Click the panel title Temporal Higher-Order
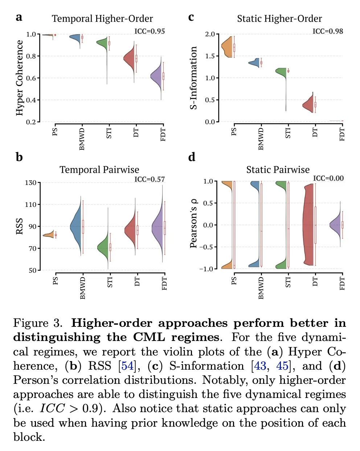102,19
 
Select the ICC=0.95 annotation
150,31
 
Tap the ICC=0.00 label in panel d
328,178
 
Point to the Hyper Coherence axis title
20,78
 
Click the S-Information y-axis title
194,78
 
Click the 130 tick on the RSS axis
30,183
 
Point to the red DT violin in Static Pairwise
308,225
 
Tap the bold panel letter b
19,157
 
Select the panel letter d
192,157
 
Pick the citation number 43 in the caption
260,366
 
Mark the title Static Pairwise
278,170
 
